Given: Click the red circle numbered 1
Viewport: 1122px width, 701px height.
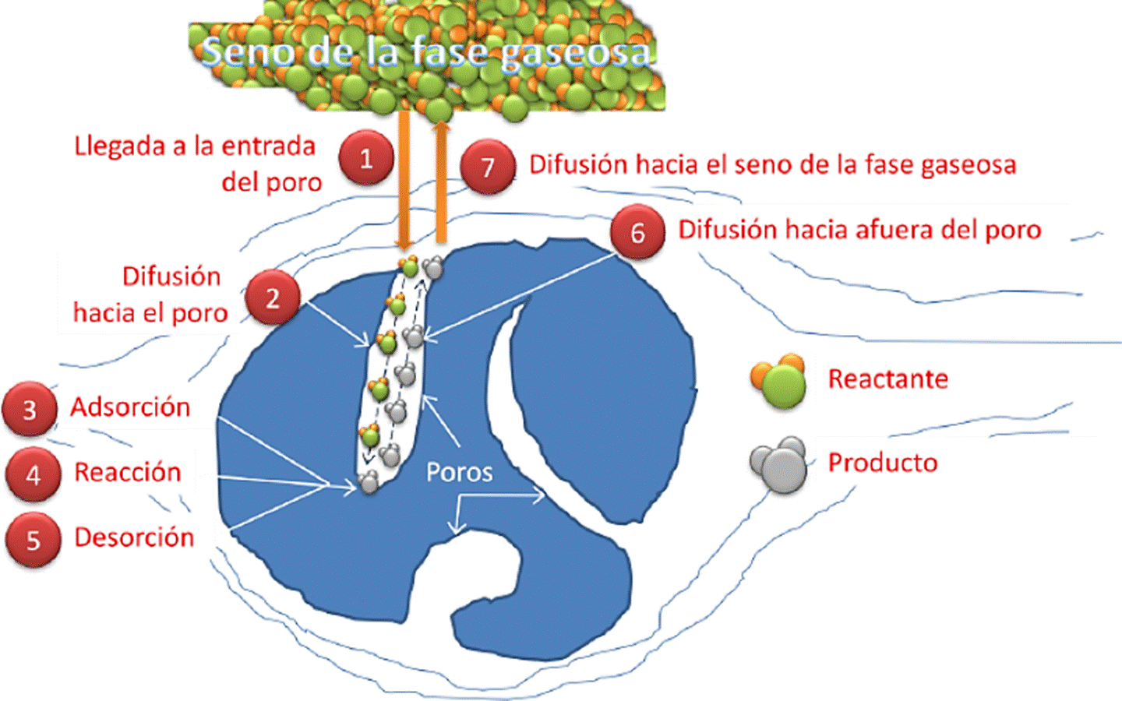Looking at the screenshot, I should [366, 159].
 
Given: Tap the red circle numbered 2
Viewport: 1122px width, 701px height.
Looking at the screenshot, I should [272, 298].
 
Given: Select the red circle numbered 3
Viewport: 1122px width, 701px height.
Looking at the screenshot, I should [30, 409].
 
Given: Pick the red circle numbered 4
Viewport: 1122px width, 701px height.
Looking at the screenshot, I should [33, 474].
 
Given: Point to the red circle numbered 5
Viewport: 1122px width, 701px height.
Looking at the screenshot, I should [33, 540].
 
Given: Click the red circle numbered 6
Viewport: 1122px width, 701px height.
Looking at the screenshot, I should [637, 231].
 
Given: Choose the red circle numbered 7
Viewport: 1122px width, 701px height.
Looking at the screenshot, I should [488, 167].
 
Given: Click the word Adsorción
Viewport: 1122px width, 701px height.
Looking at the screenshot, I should [130, 407].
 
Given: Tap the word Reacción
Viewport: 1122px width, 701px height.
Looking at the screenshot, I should [127, 472].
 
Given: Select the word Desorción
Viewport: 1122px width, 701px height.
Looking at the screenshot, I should [134, 537].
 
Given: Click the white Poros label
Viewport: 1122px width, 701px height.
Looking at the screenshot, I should [459, 472].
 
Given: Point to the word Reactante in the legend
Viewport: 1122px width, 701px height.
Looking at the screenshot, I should [887, 379].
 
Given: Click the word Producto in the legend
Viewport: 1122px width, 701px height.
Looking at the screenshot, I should [882, 463].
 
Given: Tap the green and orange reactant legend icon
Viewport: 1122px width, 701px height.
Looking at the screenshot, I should [778, 381].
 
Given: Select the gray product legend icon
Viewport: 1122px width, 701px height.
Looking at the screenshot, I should [778, 464].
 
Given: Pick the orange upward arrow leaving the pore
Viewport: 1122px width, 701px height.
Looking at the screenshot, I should [441, 183].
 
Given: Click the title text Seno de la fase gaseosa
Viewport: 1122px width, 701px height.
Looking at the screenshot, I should [425, 53].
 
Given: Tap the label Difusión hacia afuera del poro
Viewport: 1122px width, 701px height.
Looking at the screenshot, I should [859, 230].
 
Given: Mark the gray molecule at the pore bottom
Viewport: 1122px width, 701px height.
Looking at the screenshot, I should [369, 482].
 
